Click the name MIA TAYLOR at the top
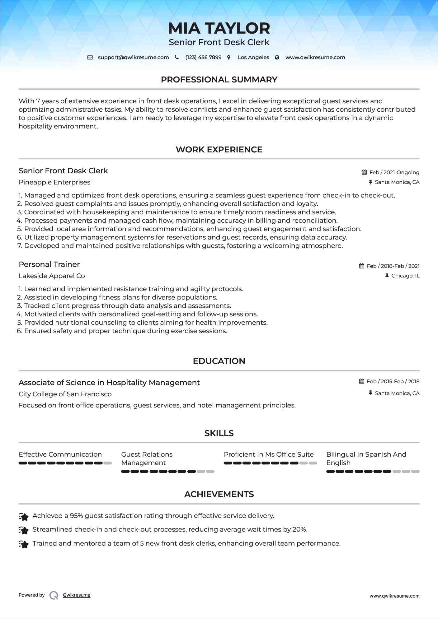[x=219, y=28]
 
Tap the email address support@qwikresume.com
[x=133, y=57]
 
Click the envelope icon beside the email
[x=90, y=57]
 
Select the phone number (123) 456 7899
[x=203, y=57]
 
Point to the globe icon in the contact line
[x=277, y=57]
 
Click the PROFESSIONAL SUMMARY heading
[x=219, y=80]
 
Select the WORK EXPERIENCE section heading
[x=219, y=150]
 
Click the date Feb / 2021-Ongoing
[x=394, y=172]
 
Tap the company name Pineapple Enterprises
[x=54, y=182]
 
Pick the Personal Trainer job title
[x=49, y=264]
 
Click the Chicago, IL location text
[x=405, y=276]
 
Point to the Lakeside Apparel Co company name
[x=52, y=276]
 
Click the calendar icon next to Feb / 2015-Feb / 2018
[x=361, y=381]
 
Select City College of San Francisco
[x=65, y=394]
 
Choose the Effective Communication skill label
[x=60, y=454]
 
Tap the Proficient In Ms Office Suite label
[x=269, y=454]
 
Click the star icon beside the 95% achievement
[x=24, y=517]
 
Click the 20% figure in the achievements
[x=299, y=529]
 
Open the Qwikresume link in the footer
[x=77, y=595]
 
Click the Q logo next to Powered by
[x=54, y=595]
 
